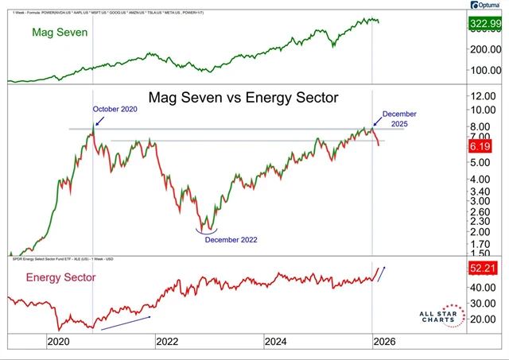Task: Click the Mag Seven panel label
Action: pyautogui.click(x=59, y=33)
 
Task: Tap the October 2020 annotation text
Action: pyautogui.click(x=116, y=109)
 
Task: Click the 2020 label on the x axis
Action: pyautogui.click(x=59, y=342)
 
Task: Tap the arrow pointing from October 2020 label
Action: pyautogui.click(x=97, y=121)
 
